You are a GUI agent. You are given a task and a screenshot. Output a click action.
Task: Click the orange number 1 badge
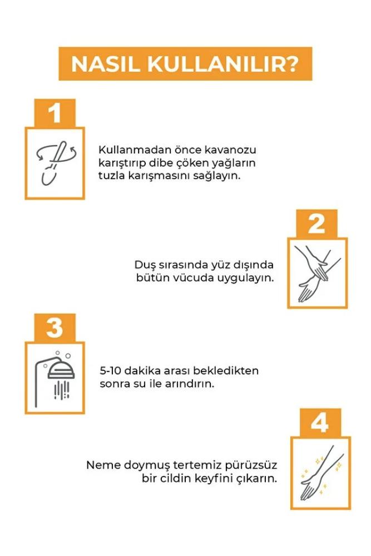(x=55, y=113)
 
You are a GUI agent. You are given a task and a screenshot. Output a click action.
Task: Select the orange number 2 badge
(x=316, y=224)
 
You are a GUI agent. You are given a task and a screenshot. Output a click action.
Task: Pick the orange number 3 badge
(x=55, y=327)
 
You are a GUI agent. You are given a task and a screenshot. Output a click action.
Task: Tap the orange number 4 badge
(x=320, y=423)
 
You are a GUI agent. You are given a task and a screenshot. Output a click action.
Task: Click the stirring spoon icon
(x=57, y=162)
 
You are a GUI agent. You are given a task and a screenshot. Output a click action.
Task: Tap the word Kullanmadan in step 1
(x=135, y=150)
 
